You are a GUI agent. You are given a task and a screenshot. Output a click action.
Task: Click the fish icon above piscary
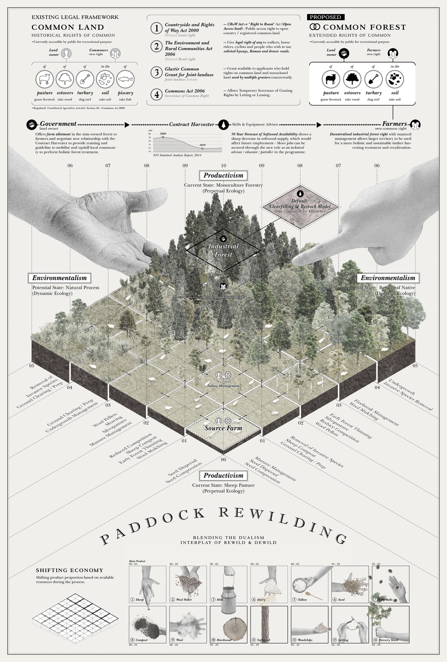125,79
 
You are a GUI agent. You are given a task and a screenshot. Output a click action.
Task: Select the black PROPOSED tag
325,17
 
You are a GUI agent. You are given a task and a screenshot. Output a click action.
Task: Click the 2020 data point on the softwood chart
163,137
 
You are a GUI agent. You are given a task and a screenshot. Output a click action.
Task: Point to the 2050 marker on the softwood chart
202,148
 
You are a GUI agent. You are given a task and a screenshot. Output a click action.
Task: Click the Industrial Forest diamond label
223,250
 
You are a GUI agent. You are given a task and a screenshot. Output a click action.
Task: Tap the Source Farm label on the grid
223,428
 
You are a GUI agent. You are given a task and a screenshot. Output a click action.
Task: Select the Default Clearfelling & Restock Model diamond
300,206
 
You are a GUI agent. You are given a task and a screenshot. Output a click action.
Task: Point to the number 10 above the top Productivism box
223,165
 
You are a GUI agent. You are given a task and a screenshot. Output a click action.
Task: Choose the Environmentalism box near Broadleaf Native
388,278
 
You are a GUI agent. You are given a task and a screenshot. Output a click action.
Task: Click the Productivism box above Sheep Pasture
223,475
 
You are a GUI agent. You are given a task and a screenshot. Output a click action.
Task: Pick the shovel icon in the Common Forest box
373,79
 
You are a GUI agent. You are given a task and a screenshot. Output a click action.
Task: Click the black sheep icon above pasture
331,79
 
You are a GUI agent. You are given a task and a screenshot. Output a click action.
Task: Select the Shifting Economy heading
70,570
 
